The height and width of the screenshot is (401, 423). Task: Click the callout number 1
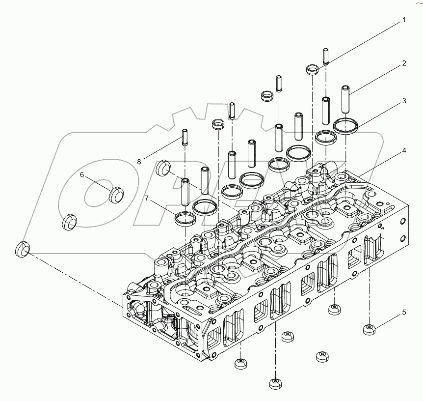pos(404,20)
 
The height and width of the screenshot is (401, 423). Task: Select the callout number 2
pos(404,63)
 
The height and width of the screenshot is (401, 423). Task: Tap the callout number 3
pos(404,101)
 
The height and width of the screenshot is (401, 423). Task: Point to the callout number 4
pos(404,151)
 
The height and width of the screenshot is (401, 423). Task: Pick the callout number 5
pos(404,312)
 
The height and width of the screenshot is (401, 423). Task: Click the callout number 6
pos(82,174)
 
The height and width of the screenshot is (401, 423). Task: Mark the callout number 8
pos(139,161)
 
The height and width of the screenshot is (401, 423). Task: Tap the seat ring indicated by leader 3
pos(345,126)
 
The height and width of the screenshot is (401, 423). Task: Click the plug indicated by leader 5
pos(369,330)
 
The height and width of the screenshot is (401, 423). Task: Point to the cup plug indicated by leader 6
pos(116,195)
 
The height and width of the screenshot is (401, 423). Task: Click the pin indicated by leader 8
pos(185,136)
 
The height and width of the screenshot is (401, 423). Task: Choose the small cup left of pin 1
pos(312,69)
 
